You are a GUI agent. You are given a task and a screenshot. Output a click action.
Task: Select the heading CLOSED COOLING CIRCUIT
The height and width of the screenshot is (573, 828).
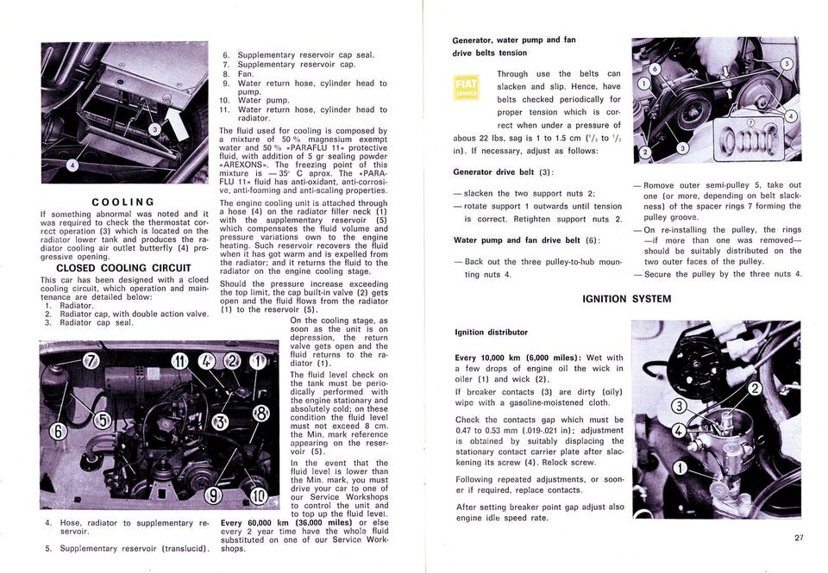pos(123,268)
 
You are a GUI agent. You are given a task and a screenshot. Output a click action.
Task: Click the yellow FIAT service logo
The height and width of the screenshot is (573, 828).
pos(467,88)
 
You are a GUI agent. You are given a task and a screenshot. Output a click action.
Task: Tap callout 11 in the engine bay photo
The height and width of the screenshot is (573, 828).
pos(178,360)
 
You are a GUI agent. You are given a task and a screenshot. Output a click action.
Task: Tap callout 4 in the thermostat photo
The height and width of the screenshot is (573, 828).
pos(72,164)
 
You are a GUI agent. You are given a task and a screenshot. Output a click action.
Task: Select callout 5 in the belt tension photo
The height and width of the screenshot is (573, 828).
pos(786,65)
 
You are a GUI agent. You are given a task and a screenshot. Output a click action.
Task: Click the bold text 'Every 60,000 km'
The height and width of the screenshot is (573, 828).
pos(261,523)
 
